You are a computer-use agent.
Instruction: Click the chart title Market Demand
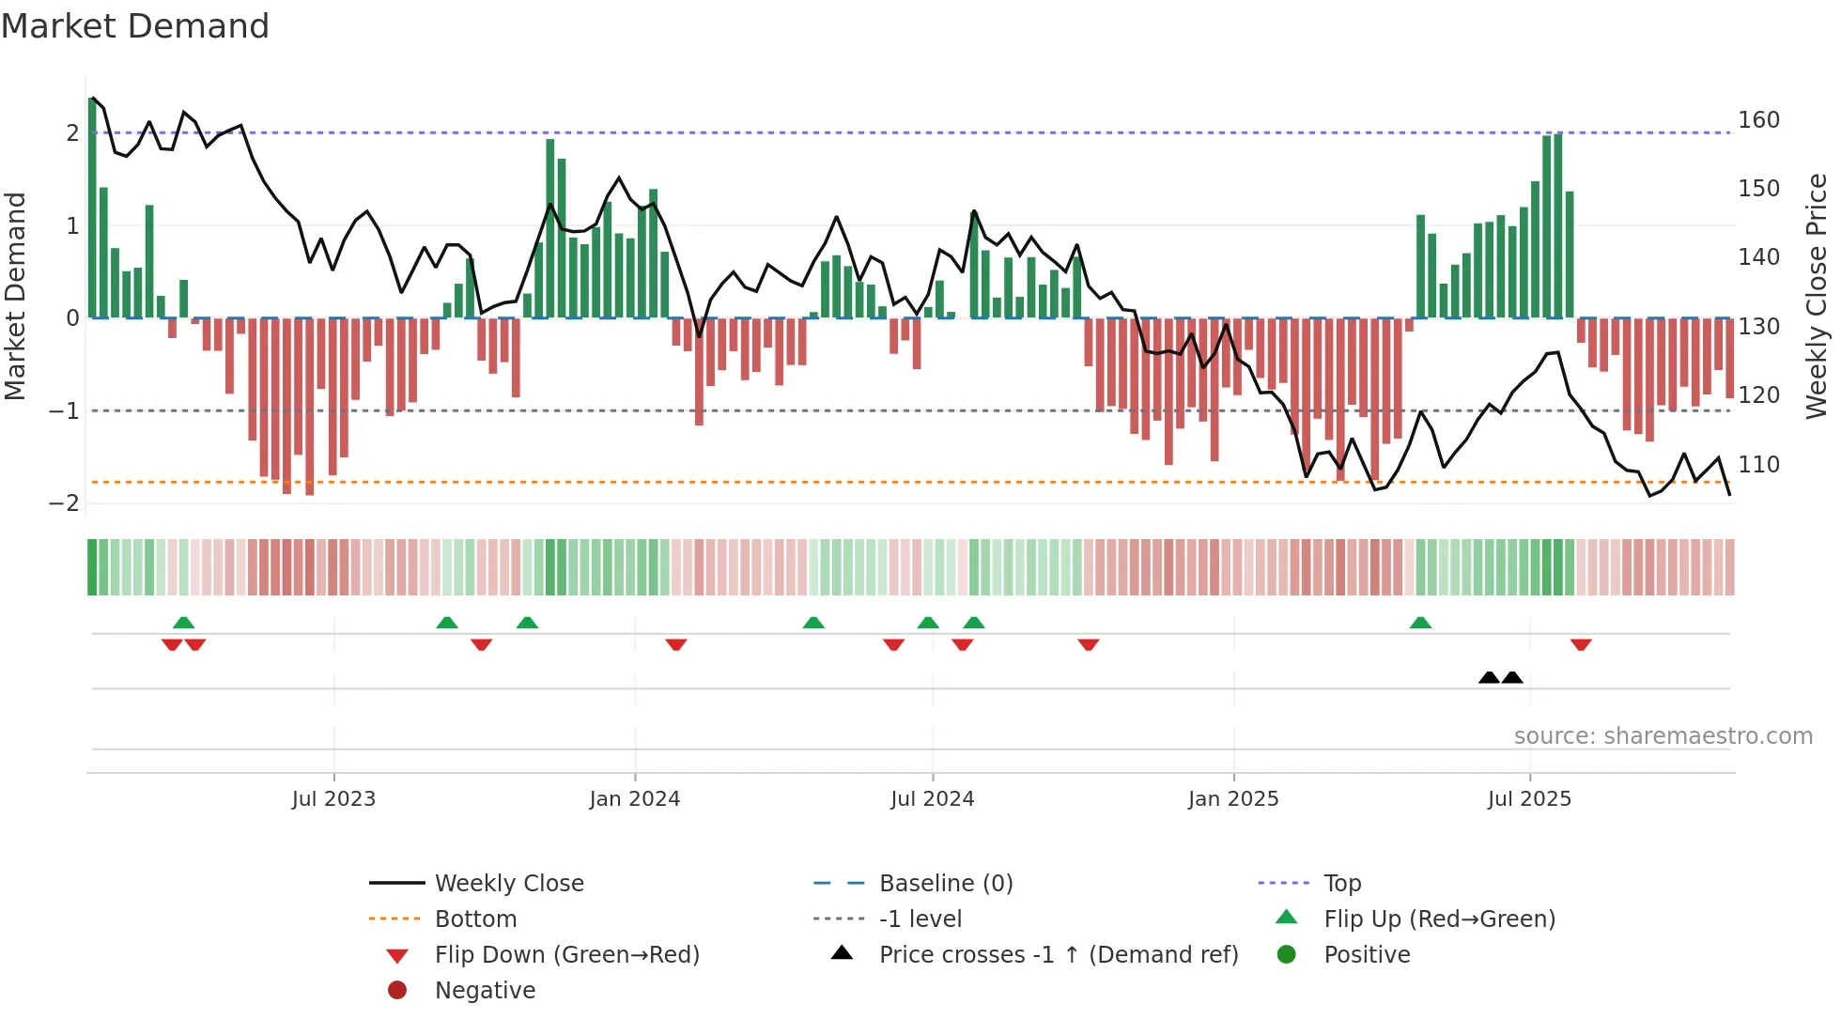[135, 25]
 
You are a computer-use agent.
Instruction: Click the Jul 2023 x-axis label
[333, 798]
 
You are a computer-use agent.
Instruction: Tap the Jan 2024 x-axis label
[634, 798]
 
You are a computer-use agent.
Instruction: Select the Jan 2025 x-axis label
[1232, 798]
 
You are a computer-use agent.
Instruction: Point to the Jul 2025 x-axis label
[1528, 798]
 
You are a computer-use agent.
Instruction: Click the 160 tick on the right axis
[1758, 120]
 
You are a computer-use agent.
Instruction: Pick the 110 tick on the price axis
[1758, 464]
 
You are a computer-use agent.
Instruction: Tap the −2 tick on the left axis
[64, 503]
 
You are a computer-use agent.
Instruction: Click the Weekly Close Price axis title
[1816, 296]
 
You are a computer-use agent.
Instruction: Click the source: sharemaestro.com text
[1663, 735]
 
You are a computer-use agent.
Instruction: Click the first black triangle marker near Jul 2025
[1489, 677]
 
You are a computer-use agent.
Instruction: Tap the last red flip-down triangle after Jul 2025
[1581, 644]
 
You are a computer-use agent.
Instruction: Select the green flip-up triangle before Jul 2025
[1420, 623]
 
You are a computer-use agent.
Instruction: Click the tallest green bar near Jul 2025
[1558, 225]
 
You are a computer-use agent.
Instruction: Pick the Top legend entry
[1341, 883]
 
